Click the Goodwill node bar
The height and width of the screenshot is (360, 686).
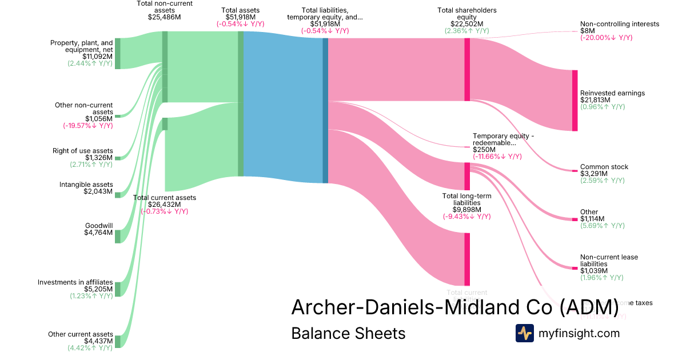click(118, 236)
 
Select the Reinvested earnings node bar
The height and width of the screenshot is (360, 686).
click(575, 101)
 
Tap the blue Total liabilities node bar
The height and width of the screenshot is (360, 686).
click(325, 110)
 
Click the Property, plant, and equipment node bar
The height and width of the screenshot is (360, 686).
click(118, 54)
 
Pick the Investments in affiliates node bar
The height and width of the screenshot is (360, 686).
click(118, 289)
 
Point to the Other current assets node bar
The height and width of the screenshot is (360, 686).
click(118, 342)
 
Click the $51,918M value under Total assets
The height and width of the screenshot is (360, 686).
click(240, 17)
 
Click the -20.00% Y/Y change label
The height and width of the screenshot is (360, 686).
click(606, 38)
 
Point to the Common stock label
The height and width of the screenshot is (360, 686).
click(604, 167)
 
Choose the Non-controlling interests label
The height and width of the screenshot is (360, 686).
click(619, 24)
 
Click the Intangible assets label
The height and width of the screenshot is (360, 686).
click(86, 185)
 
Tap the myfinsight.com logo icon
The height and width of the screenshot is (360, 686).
click(524, 333)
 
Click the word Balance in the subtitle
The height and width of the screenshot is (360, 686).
click(318, 333)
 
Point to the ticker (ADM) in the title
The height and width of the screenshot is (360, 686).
click(589, 307)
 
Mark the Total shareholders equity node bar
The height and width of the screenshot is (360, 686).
click(467, 70)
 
